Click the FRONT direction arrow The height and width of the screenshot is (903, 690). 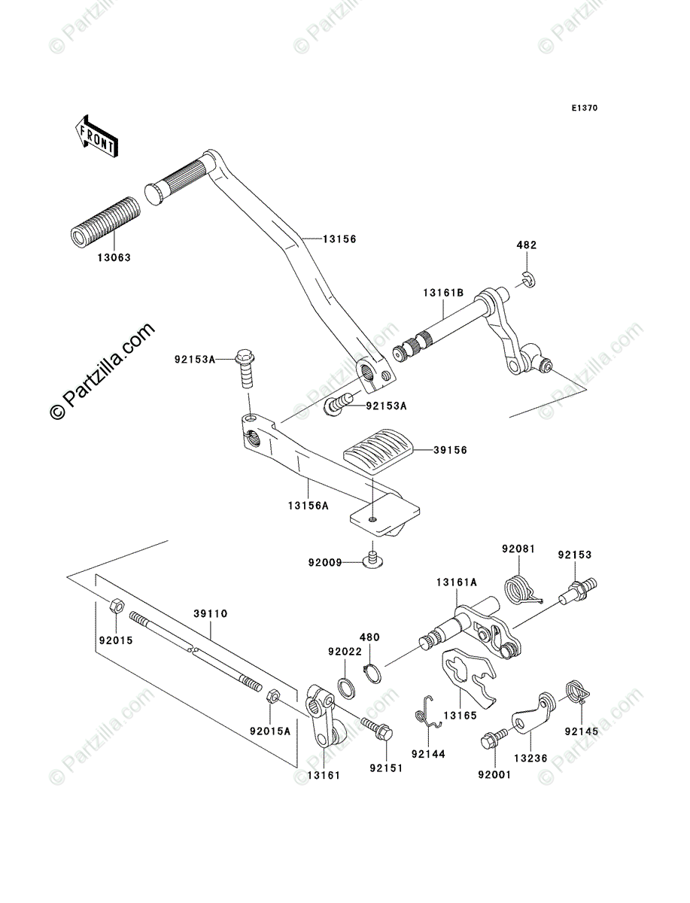96,136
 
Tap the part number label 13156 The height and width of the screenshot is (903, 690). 339,239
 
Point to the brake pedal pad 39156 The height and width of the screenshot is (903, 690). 378,451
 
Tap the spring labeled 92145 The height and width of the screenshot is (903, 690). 578,693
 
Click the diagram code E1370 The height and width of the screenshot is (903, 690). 584,108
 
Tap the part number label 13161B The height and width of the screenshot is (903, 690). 444,293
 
